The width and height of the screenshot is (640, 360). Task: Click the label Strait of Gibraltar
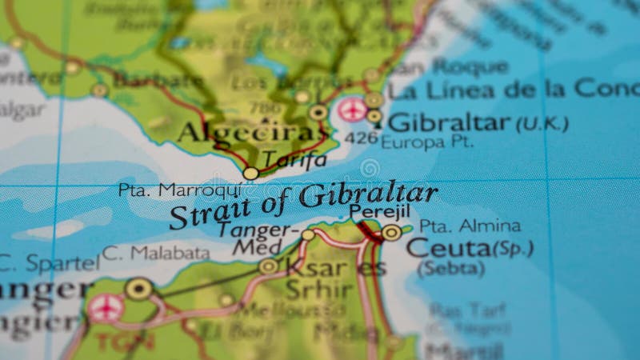304,205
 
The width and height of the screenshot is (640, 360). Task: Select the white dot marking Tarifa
250,173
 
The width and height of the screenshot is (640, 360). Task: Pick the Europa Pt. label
426,142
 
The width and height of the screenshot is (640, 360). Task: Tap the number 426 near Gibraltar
360,138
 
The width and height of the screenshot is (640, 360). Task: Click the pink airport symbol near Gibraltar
351,110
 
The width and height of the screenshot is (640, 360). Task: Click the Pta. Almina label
470,226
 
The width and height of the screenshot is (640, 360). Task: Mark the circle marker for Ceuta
391,233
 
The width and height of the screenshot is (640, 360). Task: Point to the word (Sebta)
450,268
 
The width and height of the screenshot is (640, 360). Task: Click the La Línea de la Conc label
512,90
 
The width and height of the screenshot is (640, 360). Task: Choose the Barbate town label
158,80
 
